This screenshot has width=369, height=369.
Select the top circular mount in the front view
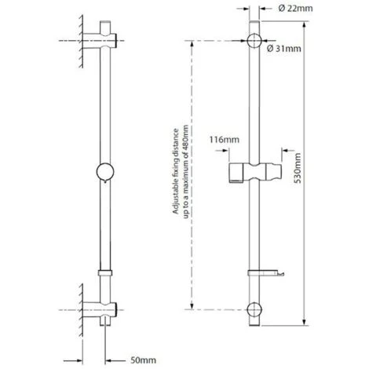255,42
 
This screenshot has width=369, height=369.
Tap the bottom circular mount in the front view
255,308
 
